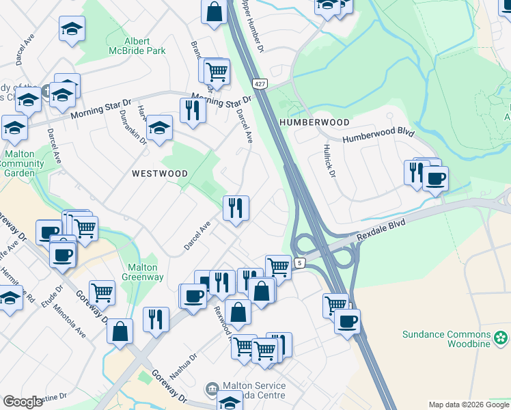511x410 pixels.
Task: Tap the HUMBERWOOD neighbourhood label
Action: (x=314, y=122)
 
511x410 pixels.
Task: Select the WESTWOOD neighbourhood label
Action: (x=160, y=174)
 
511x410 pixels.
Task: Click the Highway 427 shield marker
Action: (x=259, y=83)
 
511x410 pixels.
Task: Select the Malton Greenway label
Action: (x=142, y=273)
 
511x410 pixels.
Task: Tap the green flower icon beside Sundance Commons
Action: (x=501, y=337)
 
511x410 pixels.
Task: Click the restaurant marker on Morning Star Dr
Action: (x=193, y=110)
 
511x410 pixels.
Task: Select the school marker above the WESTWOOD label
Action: (x=159, y=128)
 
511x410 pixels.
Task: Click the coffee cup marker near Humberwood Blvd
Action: (x=435, y=179)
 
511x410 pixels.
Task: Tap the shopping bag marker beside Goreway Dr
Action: (x=120, y=332)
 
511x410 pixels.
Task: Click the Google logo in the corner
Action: (x=23, y=402)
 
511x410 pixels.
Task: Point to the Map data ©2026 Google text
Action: (x=468, y=405)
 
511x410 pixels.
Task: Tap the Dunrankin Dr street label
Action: (x=133, y=126)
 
